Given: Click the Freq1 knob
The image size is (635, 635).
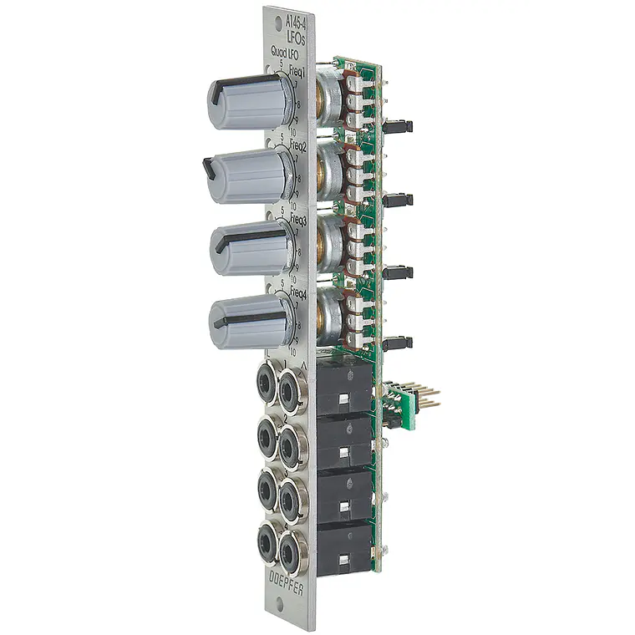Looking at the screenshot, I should point(248,101).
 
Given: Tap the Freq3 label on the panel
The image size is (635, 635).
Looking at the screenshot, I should point(297,221).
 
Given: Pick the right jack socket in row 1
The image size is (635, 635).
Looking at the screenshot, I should point(290,388).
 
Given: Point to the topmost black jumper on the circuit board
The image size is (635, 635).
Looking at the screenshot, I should point(399,127).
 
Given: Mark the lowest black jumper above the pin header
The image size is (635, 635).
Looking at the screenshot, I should point(399,343).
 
